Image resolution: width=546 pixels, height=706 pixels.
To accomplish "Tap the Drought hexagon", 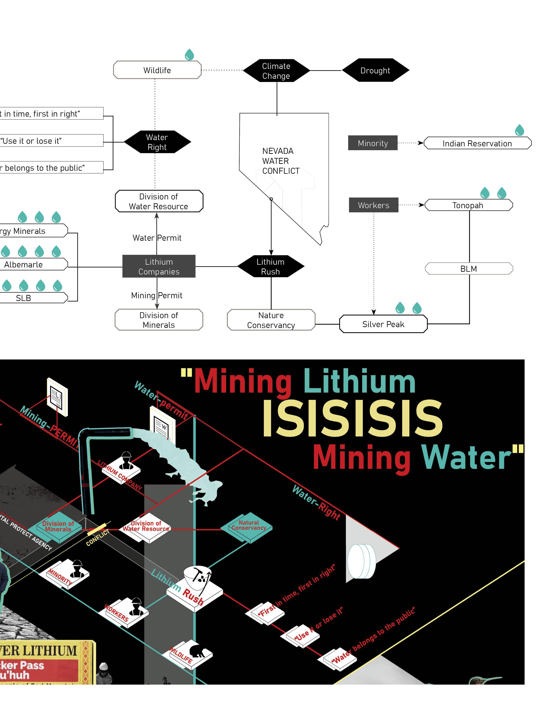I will (375, 70).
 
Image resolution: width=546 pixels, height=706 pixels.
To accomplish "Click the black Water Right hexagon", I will (157, 142).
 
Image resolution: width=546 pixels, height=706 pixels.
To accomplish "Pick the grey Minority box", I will (373, 143).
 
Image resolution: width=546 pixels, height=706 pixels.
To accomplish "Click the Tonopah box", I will (468, 205).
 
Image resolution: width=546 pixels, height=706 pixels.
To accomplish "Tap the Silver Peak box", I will (383, 324).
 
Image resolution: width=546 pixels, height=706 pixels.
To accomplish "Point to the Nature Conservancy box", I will (271, 320).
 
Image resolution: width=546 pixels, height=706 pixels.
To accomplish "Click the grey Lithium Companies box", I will (159, 266).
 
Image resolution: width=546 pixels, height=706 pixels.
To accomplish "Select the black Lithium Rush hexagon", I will (271, 266).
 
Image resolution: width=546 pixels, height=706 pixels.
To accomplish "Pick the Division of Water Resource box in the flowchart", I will (159, 201).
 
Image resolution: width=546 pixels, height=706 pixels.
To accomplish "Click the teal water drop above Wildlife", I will (189, 55).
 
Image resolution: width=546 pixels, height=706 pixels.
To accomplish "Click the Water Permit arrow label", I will (157, 238).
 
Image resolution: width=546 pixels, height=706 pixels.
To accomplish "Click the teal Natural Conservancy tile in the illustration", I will (248, 527).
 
